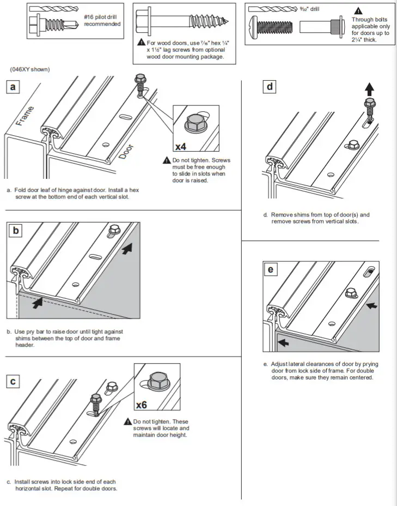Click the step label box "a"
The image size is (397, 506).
(13, 88)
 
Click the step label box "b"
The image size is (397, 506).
(16, 231)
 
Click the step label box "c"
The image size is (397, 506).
(13, 382)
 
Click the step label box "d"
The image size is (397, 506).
(270, 87)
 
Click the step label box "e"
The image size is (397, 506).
(271, 269)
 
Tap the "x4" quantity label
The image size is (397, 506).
(181, 146)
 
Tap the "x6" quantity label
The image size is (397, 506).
(142, 405)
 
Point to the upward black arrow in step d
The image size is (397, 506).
(369, 88)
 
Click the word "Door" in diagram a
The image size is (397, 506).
(125, 154)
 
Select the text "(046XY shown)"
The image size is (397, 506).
(29, 70)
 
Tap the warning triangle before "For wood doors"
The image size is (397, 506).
(142, 42)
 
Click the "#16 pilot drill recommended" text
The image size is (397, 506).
(102, 20)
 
